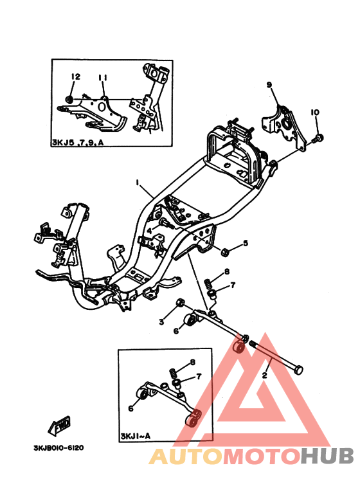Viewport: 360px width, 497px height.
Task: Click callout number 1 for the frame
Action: pyautogui.click(x=137, y=183)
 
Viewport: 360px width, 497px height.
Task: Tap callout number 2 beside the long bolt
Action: pyautogui.click(x=265, y=375)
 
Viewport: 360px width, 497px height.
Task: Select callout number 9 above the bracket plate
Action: pyautogui.click(x=269, y=85)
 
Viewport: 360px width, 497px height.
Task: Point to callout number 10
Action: pyautogui.click(x=315, y=113)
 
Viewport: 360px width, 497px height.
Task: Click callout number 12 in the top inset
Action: pyautogui.click(x=76, y=77)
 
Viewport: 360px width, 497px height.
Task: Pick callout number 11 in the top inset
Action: pyautogui.click(x=103, y=78)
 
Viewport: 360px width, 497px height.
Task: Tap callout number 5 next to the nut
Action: pyautogui.click(x=246, y=243)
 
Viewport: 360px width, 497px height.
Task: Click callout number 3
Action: pyautogui.click(x=161, y=322)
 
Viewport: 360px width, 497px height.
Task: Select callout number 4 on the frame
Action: pyautogui.click(x=150, y=230)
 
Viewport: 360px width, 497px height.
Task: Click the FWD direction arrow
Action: pyautogui.click(x=59, y=426)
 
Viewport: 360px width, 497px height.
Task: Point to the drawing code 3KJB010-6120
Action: pyautogui.click(x=59, y=448)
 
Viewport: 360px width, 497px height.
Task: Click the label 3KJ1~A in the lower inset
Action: pyautogui.click(x=135, y=436)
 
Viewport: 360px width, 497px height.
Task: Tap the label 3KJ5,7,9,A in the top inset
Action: pyautogui.click(x=78, y=142)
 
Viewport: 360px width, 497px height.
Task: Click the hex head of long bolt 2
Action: pyautogui.click(x=298, y=370)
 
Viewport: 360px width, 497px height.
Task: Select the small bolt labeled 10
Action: pyautogui.click(x=318, y=138)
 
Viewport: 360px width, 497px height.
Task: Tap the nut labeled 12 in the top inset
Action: pyautogui.click(x=69, y=99)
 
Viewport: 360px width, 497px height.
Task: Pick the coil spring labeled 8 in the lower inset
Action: pyautogui.click(x=172, y=372)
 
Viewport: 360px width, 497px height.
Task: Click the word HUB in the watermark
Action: pyautogui.click(x=327, y=456)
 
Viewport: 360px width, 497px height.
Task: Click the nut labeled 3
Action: pyautogui.click(x=180, y=303)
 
